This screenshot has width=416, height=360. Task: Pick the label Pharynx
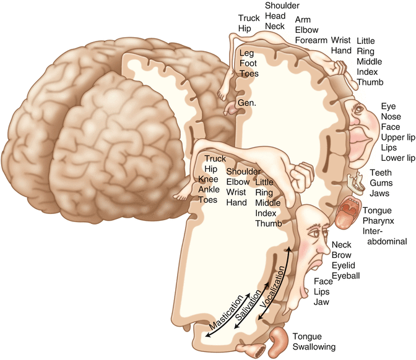(x=379, y=221)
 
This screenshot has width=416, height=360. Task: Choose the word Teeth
(x=381, y=173)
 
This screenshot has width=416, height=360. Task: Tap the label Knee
(x=208, y=179)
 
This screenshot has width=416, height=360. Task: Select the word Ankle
(x=209, y=189)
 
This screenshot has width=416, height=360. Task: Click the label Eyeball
(x=345, y=275)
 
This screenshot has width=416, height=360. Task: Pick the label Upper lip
(x=397, y=138)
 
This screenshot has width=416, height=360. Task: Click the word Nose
(x=391, y=117)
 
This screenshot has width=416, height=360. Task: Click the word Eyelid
(x=344, y=265)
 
